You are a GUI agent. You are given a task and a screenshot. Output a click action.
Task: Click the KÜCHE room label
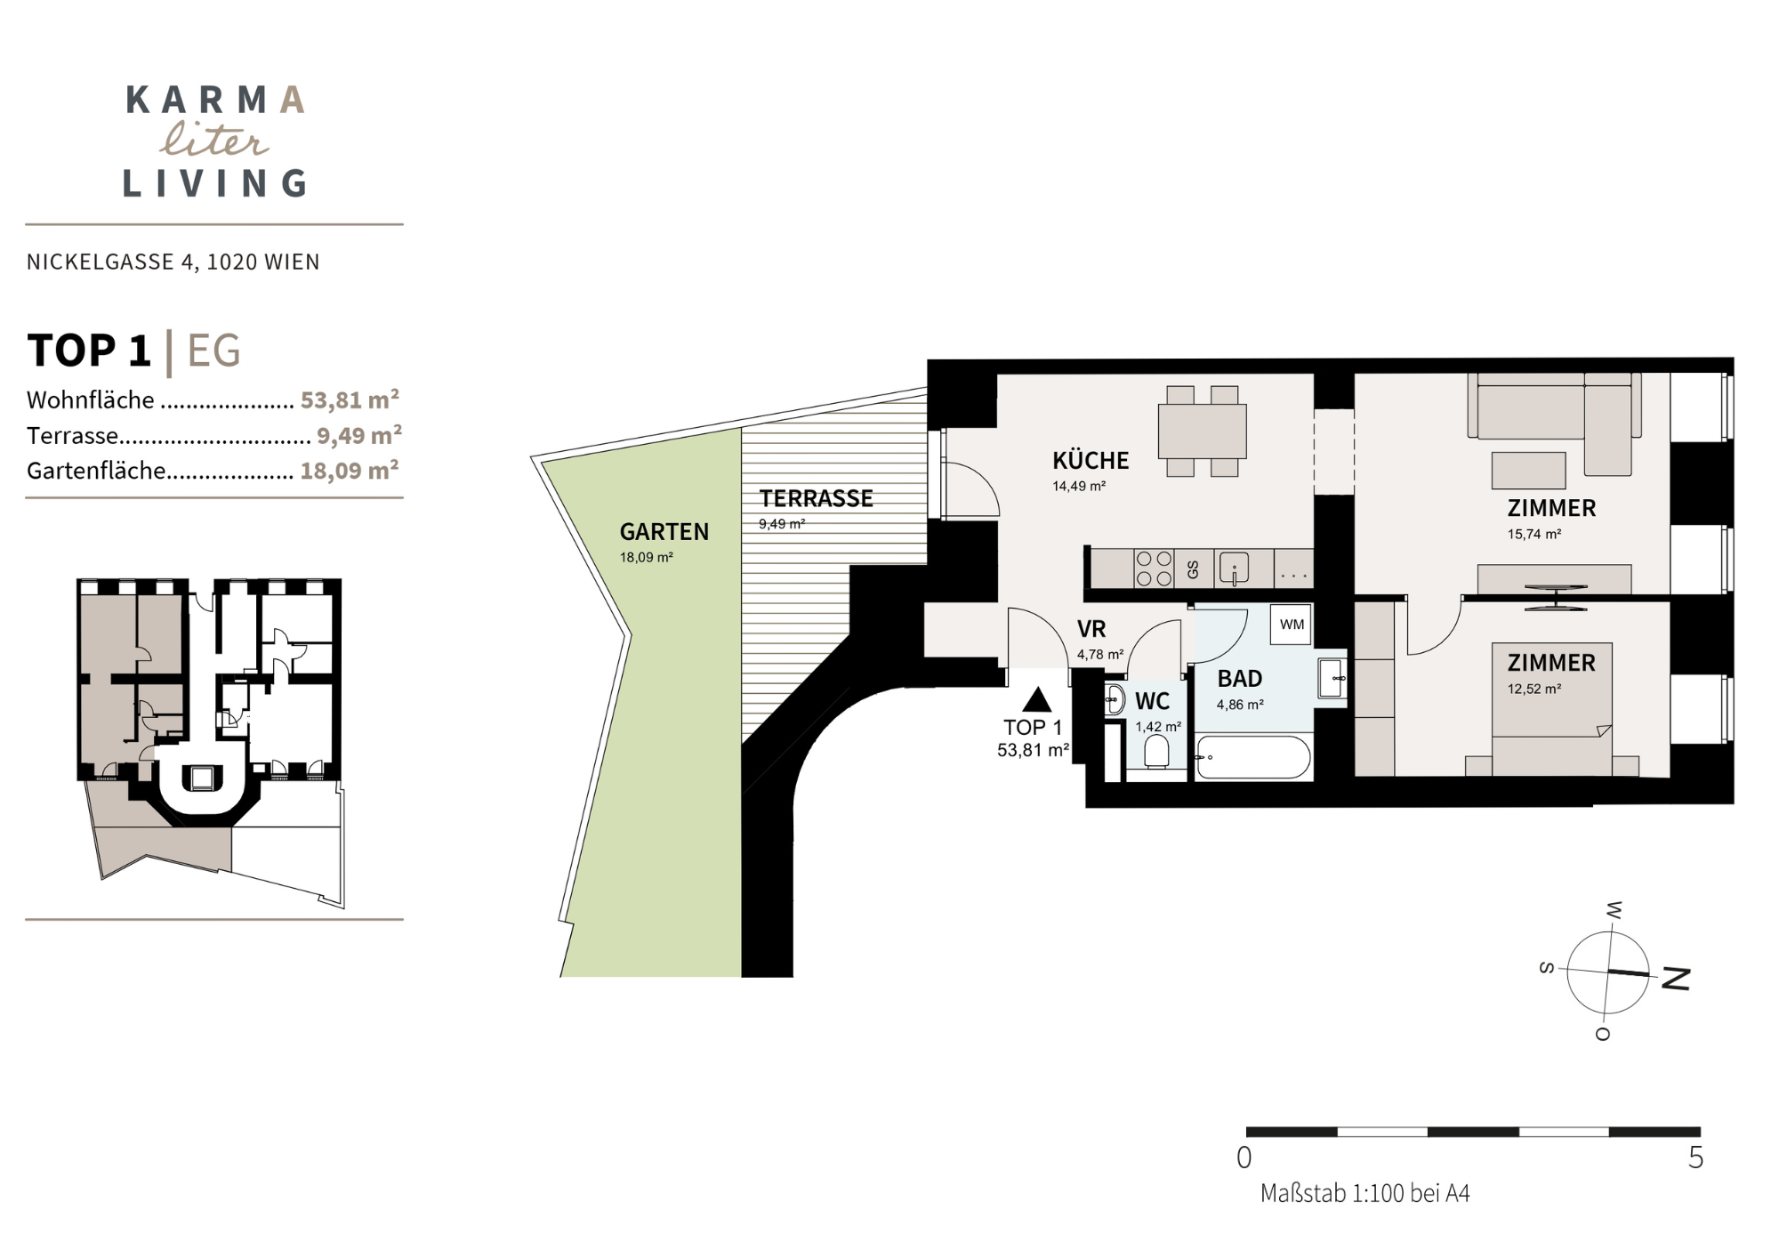[1091, 460]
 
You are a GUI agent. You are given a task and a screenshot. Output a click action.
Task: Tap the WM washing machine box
[1292, 625]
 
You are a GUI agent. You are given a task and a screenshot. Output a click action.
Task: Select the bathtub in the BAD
[1253, 757]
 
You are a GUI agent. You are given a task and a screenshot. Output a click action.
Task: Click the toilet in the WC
[1156, 752]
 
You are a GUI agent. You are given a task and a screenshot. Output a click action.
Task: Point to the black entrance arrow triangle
[1037, 700]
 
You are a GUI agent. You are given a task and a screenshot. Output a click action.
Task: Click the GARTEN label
[664, 531]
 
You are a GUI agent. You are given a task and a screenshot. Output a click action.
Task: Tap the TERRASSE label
[816, 498]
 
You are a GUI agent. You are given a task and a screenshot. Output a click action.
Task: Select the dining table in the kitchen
[1202, 431]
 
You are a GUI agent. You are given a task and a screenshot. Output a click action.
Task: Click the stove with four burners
[1154, 569]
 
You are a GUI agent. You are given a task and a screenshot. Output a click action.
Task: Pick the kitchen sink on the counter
[1234, 568]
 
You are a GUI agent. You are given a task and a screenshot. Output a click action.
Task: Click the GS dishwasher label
[1193, 569]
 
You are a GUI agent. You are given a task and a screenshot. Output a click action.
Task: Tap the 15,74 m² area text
[1534, 535]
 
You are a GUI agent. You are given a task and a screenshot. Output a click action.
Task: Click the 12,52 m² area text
[1534, 689]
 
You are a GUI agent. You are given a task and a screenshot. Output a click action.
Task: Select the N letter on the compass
[1675, 979]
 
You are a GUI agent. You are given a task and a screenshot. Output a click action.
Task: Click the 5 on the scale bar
[1695, 1157]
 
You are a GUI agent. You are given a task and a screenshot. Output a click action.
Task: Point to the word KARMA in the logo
[216, 101]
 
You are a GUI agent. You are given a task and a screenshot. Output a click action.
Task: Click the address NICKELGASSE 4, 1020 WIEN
[173, 262]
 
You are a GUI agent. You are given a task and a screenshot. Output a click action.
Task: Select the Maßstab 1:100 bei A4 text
[1365, 1194]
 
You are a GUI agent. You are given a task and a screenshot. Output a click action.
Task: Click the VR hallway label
[1091, 629]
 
